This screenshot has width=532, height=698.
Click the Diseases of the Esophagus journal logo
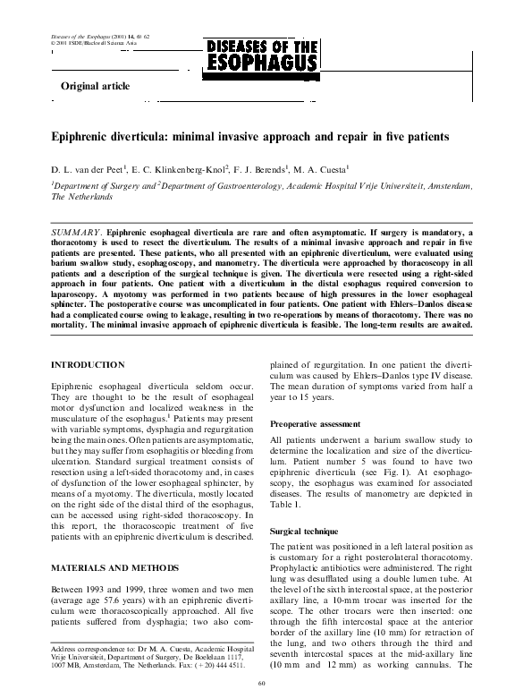[x=262, y=55]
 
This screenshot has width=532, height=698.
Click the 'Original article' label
[x=95, y=87]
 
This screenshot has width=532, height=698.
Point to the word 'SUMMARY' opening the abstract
[x=77, y=232]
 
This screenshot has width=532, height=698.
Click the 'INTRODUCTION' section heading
[x=88, y=366]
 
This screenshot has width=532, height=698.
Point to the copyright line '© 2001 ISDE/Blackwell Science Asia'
[x=83, y=42]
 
